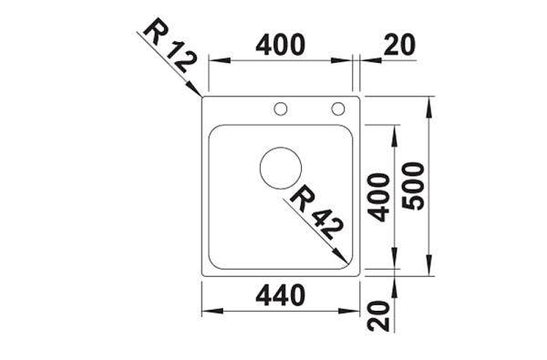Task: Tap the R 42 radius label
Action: coord(316,213)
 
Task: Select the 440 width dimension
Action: coord(281,296)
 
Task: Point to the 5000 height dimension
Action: coord(413,186)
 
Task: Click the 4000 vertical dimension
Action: coord(379,197)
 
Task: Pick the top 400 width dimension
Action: coord(281,45)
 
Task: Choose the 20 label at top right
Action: coord(400,45)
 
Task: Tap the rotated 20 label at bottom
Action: coord(379,315)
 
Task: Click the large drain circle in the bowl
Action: coord(281,168)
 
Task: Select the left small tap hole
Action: coord(281,108)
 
